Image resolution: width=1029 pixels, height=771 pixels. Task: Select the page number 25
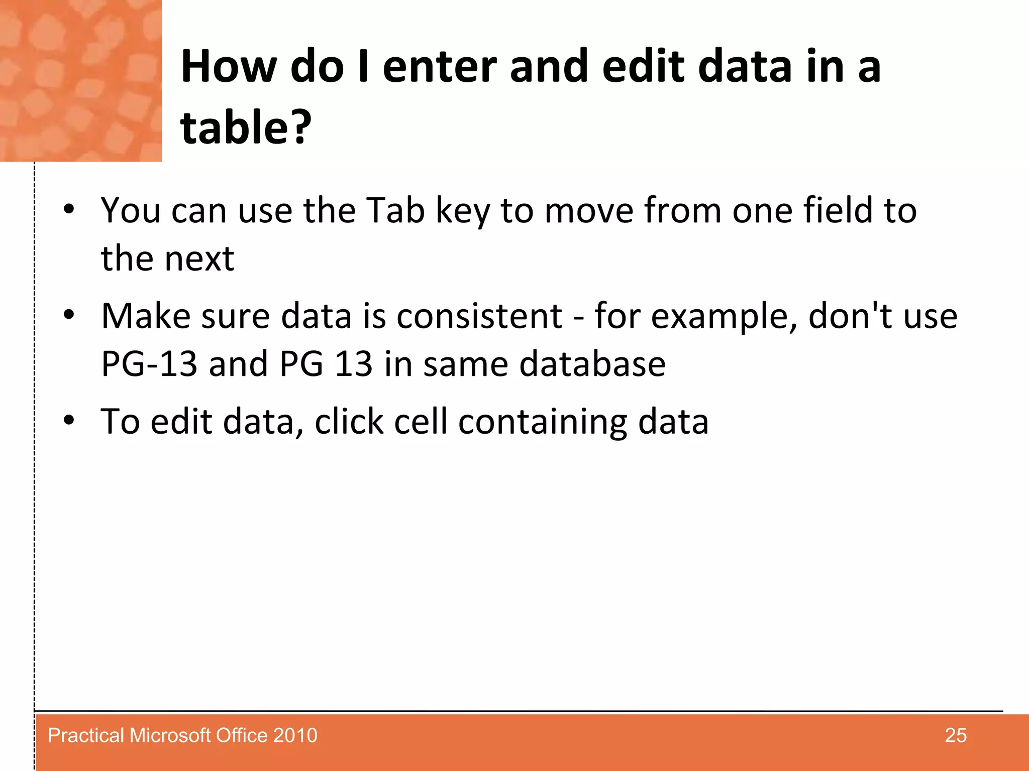point(955,735)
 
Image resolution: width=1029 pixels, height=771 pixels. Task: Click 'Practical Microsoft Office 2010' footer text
point(182,735)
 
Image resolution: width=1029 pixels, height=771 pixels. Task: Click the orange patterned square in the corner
point(80,80)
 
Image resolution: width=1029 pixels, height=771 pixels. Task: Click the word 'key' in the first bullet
point(462,211)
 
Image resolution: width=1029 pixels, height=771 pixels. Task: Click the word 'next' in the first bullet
point(199,259)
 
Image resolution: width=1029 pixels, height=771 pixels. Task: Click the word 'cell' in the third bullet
point(420,421)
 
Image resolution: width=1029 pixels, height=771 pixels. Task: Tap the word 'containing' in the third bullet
point(543,422)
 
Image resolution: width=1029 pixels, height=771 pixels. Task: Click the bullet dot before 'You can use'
point(69,208)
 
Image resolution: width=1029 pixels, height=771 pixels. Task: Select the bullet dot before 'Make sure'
point(69,315)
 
